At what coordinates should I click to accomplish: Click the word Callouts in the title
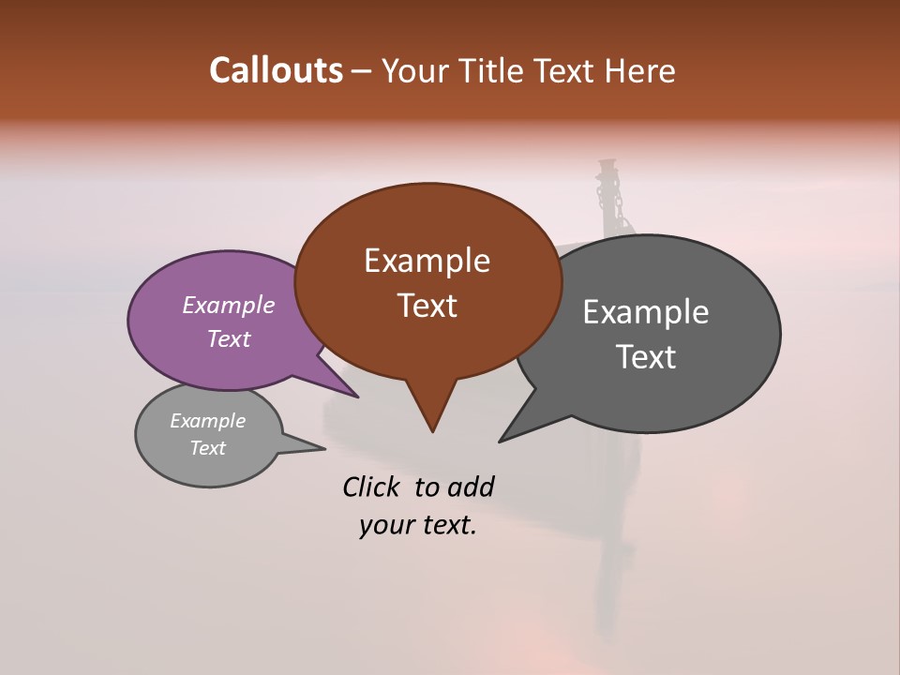click(x=276, y=70)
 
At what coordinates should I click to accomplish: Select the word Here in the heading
click(x=639, y=70)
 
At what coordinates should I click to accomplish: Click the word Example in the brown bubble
click(x=427, y=261)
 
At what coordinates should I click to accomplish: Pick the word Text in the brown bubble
click(x=427, y=306)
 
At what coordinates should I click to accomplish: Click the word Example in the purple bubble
click(x=229, y=305)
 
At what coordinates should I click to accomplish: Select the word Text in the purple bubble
click(x=229, y=338)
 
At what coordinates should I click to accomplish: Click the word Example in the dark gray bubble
click(x=645, y=312)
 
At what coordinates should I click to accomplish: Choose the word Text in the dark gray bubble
click(x=645, y=357)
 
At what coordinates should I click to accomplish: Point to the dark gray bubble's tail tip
click(x=502, y=440)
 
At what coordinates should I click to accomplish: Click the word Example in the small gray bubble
click(x=207, y=421)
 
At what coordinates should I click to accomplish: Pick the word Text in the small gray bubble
click(x=207, y=448)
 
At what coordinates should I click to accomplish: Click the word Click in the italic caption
click(x=374, y=487)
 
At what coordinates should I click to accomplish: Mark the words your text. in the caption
click(x=418, y=525)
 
